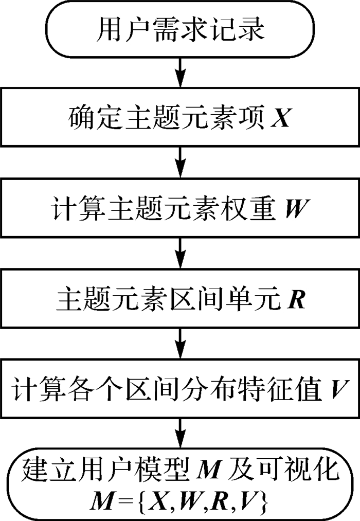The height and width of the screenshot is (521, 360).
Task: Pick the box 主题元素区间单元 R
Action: click(x=180, y=297)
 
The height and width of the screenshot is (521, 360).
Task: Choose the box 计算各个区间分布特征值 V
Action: click(x=180, y=387)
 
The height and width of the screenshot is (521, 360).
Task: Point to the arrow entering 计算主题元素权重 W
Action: click(x=180, y=161)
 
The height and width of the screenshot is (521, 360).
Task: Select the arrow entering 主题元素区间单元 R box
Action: click(x=180, y=251)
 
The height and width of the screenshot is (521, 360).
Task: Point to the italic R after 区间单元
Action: click(x=297, y=298)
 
